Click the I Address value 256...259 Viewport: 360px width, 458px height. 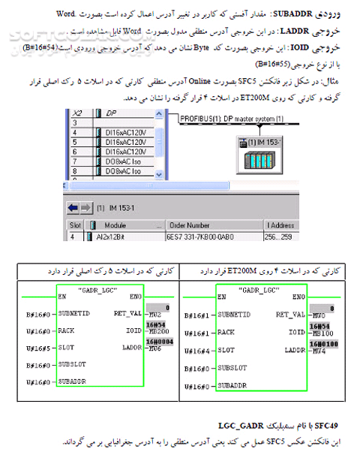point(279,237)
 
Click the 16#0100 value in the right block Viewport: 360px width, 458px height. point(319,343)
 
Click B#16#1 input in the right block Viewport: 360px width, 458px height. point(198,314)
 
